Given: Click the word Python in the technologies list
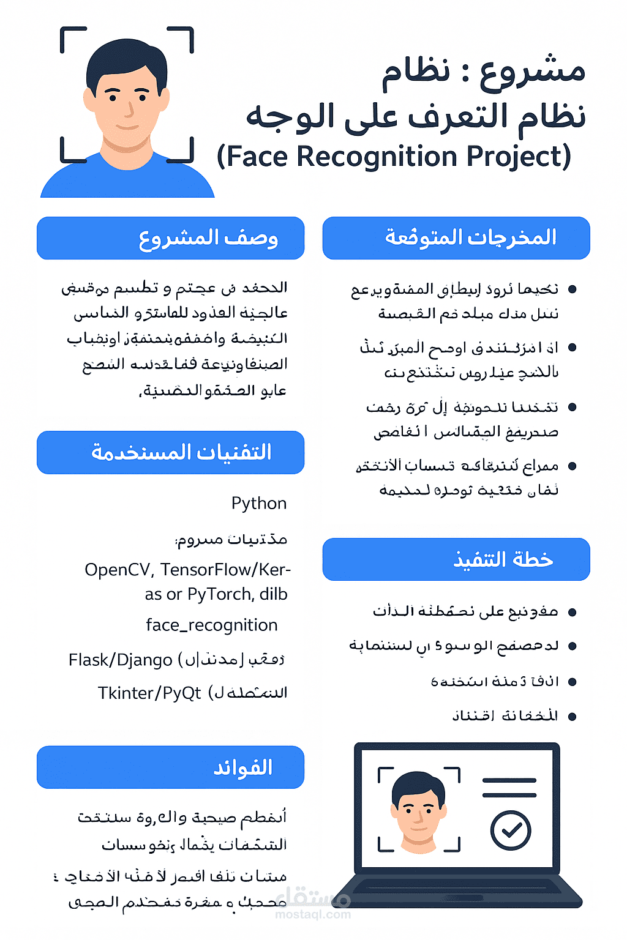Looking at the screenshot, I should pos(259,503).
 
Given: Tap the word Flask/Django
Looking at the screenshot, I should pos(121,660).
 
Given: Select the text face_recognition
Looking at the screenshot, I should pos(211,625).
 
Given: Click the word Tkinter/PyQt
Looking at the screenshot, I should pos(149,693).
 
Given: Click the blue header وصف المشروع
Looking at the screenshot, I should pos(171,238).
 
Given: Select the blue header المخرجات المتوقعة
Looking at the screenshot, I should pos(456,238).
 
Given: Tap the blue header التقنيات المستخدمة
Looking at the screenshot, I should pos(171,452).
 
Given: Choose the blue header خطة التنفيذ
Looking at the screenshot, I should pos(456,559).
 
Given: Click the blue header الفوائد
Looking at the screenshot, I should pos(171,767).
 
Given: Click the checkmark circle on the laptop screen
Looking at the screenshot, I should pos(510,830).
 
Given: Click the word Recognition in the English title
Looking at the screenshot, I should pos(378,157).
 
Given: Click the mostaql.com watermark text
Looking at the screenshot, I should pos(313,914).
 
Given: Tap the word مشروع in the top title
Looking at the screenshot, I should pos(533,71).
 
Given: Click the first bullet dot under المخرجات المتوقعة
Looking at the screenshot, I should pos(573,289).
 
